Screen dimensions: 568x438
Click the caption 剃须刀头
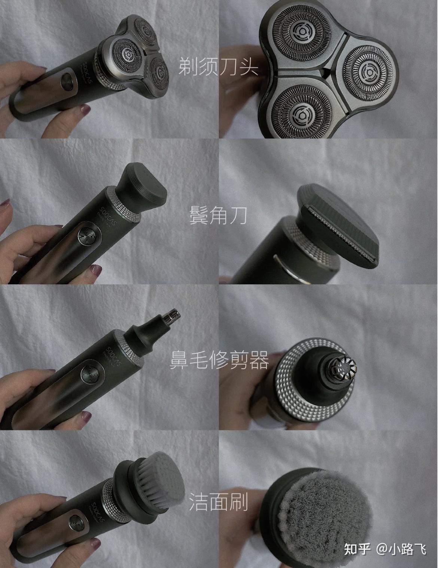218,67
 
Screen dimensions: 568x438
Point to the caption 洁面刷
218,502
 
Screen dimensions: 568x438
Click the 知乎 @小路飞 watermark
385,549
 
